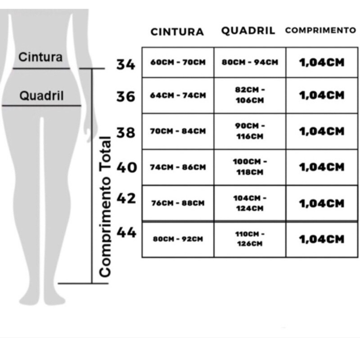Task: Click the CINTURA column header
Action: point(177,32)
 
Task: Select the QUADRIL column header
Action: point(248,31)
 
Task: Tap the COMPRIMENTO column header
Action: point(321,30)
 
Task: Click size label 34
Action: point(126,64)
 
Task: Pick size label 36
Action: point(126,96)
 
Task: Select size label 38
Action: point(126,133)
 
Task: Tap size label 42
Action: point(126,198)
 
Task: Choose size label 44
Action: point(127,232)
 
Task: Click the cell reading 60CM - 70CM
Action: point(178,62)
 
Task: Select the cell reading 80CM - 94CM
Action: point(250,62)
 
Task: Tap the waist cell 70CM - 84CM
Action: point(178,131)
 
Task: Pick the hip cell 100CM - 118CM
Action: point(250,167)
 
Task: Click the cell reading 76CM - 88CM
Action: point(178,203)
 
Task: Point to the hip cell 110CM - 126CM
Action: point(250,239)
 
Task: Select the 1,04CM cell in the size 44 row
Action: point(322,239)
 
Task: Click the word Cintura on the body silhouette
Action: point(40,57)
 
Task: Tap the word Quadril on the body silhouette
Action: point(41,96)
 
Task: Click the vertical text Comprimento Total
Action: point(105,207)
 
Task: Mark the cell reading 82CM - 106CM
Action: point(250,95)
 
